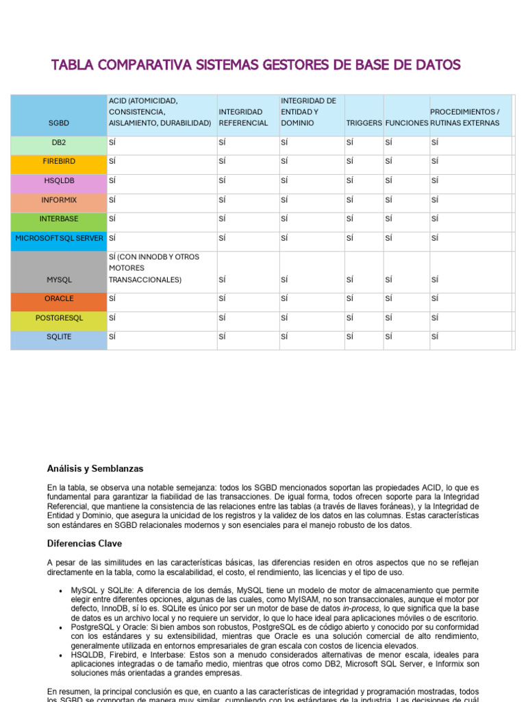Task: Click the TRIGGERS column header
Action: pyautogui.click(x=364, y=123)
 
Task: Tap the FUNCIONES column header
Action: pyautogui.click(x=406, y=123)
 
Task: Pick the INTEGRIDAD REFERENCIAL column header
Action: pyautogui.click(x=243, y=117)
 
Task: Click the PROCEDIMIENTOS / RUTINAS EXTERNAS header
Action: pyautogui.click(x=469, y=117)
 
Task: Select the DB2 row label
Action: pyautogui.click(x=59, y=143)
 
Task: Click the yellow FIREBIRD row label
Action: pyautogui.click(x=59, y=162)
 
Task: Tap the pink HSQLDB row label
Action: pyautogui.click(x=59, y=181)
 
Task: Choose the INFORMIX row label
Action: pyautogui.click(x=59, y=200)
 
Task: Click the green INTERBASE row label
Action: pyautogui.click(x=59, y=219)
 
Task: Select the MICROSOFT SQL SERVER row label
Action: pyautogui.click(x=59, y=239)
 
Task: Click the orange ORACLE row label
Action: pyautogui.click(x=59, y=300)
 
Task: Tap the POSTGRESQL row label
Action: pyautogui.click(x=59, y=319)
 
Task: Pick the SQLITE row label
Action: pyautogui.click(x=59, y=337)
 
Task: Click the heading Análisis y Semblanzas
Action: pyautogui.click(x=95, y=469)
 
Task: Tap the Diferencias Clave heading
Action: pyautogui.click(x=84, y=544)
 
